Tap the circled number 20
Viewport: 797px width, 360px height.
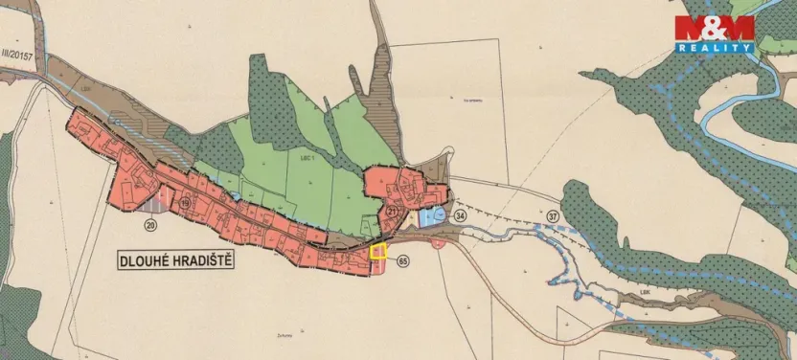pyautogui.click(x=149, y=225)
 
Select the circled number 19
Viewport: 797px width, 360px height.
pyautogui.click(x=187, y=201)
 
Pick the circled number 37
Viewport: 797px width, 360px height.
pyautogui.click(x=552, y=217)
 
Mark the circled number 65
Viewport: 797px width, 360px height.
pyautogui.click(x=402, y=261)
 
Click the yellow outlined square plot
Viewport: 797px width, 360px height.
pyautogui.click(x=378, y=253)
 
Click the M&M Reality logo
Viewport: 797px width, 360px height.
pyautogui.click(x=715, y=34)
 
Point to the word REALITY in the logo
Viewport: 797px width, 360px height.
pyautogui.click(x=715, y=47)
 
